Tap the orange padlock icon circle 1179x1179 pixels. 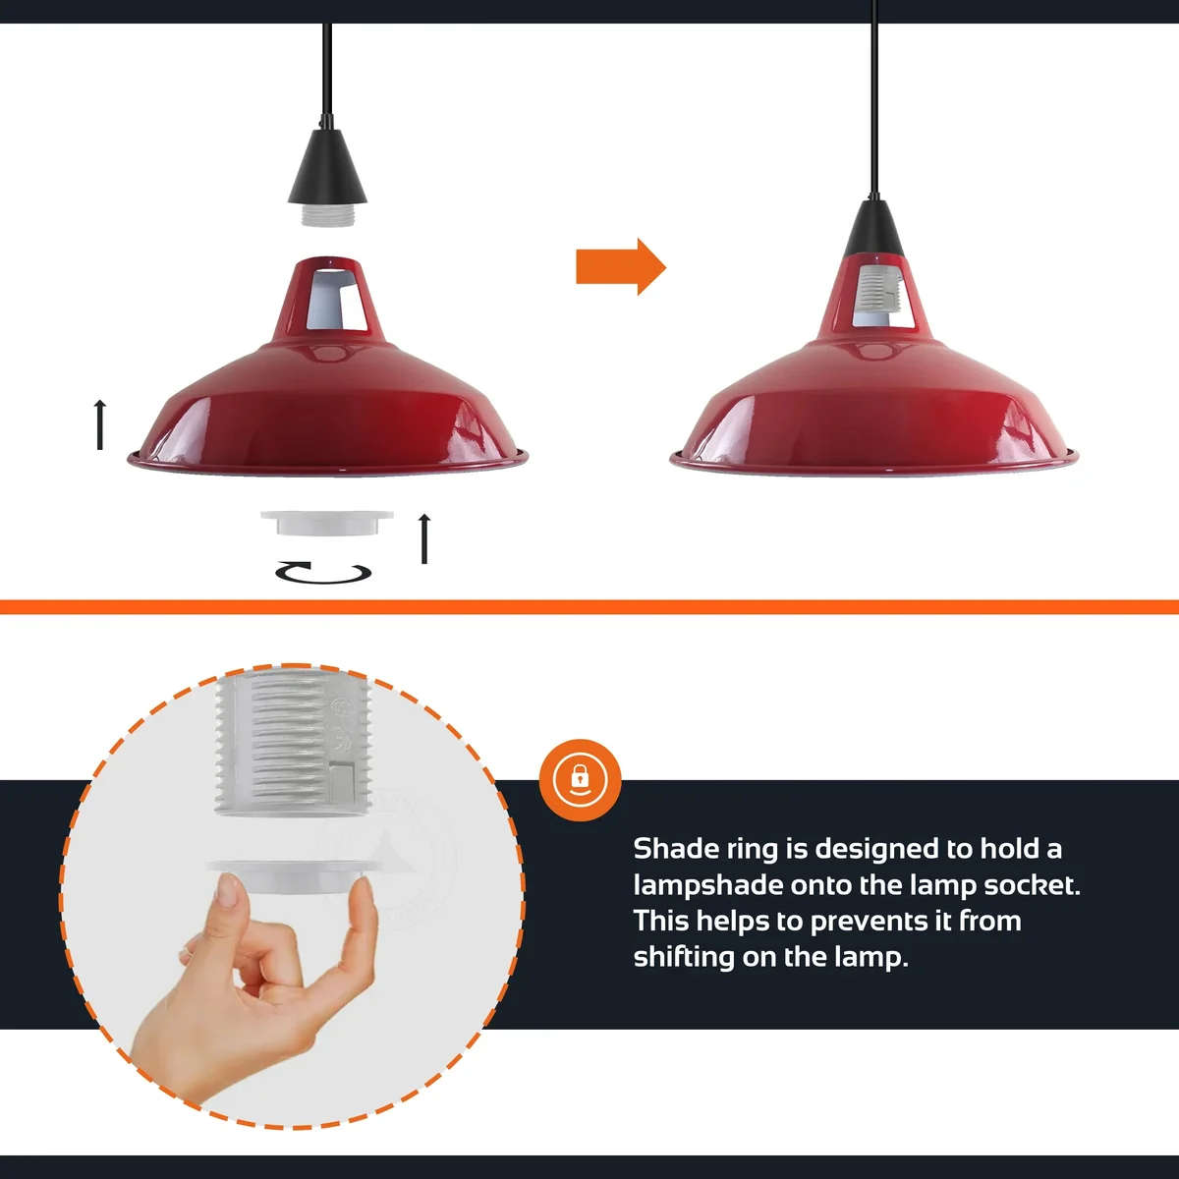[x=581, y=779]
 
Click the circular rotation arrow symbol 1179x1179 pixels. [x=323, y=572]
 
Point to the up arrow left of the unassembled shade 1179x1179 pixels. [x=99, y=424]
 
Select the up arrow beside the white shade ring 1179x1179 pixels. [x=424, y=538]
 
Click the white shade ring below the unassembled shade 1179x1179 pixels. [x=326, y=522]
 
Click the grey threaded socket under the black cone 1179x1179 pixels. [x=327, y=214]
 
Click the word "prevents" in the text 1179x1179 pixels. [x=880, y=922]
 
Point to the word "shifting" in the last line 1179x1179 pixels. [x=683, y=957]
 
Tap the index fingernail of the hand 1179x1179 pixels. [x=230, y=892]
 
